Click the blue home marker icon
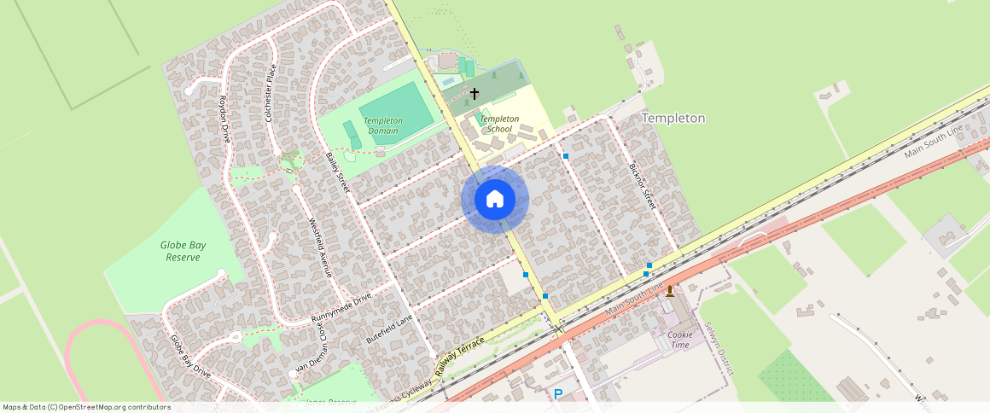pos(495,200)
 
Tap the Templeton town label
pos(673,119)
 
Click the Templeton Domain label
pos(384,125)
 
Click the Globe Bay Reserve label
pos(182,251)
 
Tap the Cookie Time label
pos(679,339)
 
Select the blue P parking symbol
pos(558,394)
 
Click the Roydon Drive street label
pos(225,118)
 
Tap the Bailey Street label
pos(339,172)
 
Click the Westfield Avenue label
pos(318,248)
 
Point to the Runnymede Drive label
pos(341,306)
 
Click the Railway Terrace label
pos(459,355)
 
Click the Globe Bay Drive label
pos(189,356)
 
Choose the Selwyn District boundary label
pos(719,348)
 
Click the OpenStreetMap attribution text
pos(85,407)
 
